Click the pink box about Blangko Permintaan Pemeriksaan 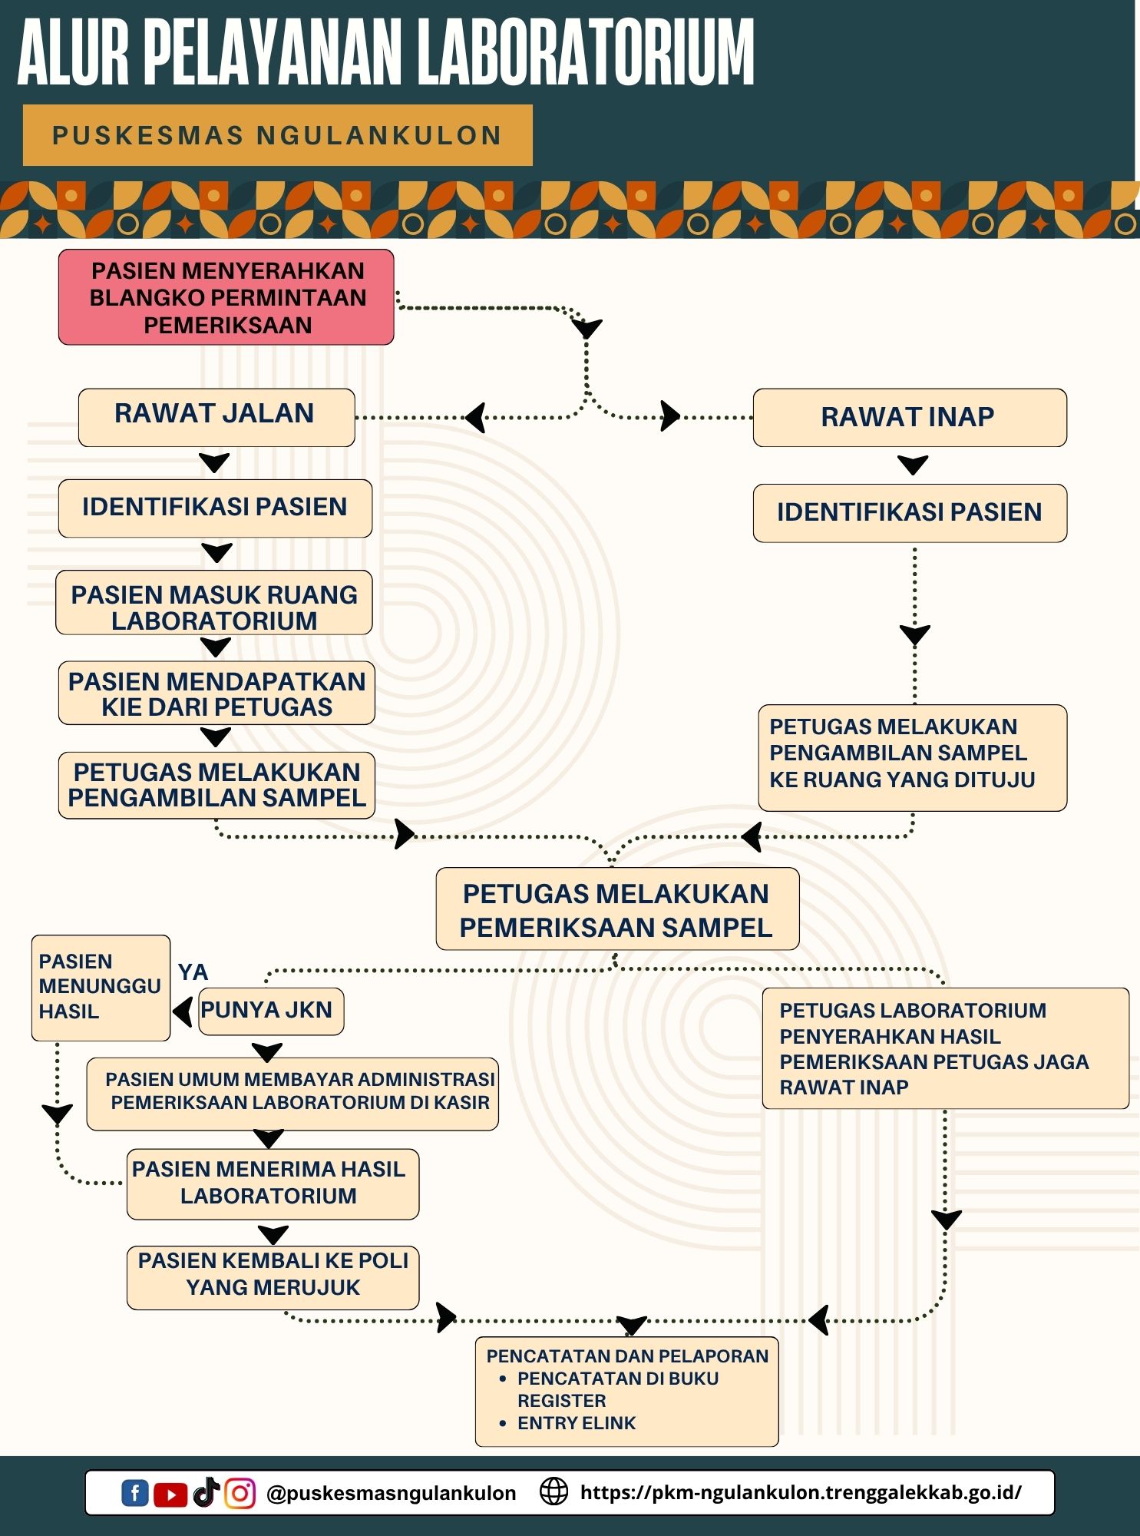click(x=226, y=297)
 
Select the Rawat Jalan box click(x=216, y=417)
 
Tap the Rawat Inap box click(x=909, y=417)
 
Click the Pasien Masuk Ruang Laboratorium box click(x=214, y=603)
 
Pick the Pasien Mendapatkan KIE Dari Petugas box click(x=216, y=693)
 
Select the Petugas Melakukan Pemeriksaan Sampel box click(x=616, y=909)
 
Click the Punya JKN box click(x=269, y=1011)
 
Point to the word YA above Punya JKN click(x=193, y=972)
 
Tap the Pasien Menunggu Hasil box click(x=100, y=987)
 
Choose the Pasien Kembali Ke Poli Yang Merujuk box click(x=273, y=1277)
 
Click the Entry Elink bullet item click(x=576, y=1423)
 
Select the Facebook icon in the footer click(x=135, y=1493)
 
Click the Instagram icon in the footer click(x=240, y=1493)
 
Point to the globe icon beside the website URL click(x=553, y=1491)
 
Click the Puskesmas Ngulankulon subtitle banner click(x=277, y=135)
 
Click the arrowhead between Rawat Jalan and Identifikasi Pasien click(x=214, y=463)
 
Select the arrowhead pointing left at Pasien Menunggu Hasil click(x=182, y=1011)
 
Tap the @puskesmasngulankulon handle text click(x=391, y=1493)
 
